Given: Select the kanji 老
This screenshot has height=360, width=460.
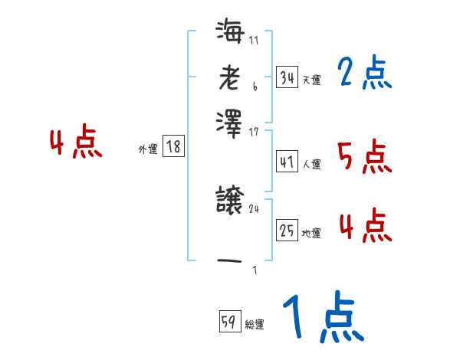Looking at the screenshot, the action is [x=229, y=77].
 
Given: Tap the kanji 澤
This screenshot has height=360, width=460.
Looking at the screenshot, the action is [x=229, y=122].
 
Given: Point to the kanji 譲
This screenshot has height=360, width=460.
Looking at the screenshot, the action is [x=229, y=201].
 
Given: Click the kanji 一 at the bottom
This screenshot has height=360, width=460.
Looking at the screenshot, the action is [x=229, y=260].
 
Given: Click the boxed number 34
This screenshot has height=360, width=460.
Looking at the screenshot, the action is [x=287, y=77].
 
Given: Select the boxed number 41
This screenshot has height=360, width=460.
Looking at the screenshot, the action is [x=287, y=162].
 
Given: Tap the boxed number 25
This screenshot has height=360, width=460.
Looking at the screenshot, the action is [x=287, y=229].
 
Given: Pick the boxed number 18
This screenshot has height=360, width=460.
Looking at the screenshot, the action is [x=174, y=147].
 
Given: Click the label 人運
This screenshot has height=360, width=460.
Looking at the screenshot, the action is [x=311, y=164].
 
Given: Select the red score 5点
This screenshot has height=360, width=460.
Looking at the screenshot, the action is [x=364, y=158].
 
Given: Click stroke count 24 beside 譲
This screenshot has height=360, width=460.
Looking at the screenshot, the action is [x=254, y=208].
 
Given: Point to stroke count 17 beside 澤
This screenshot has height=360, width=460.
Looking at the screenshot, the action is [x=254, y=132].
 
